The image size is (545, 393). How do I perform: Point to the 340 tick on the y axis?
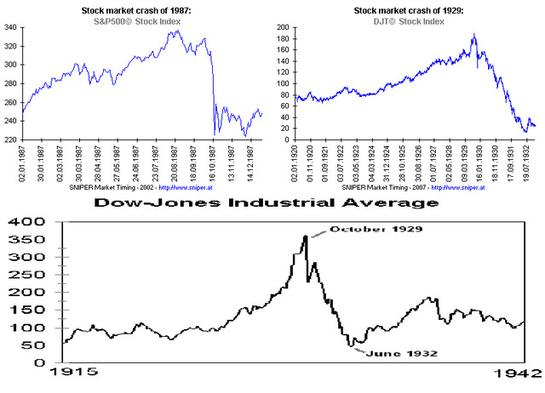[x=10, y=28]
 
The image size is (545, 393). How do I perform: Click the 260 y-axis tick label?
[x=10, y=102]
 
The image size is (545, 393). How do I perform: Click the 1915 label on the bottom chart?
[x=76, y=373]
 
